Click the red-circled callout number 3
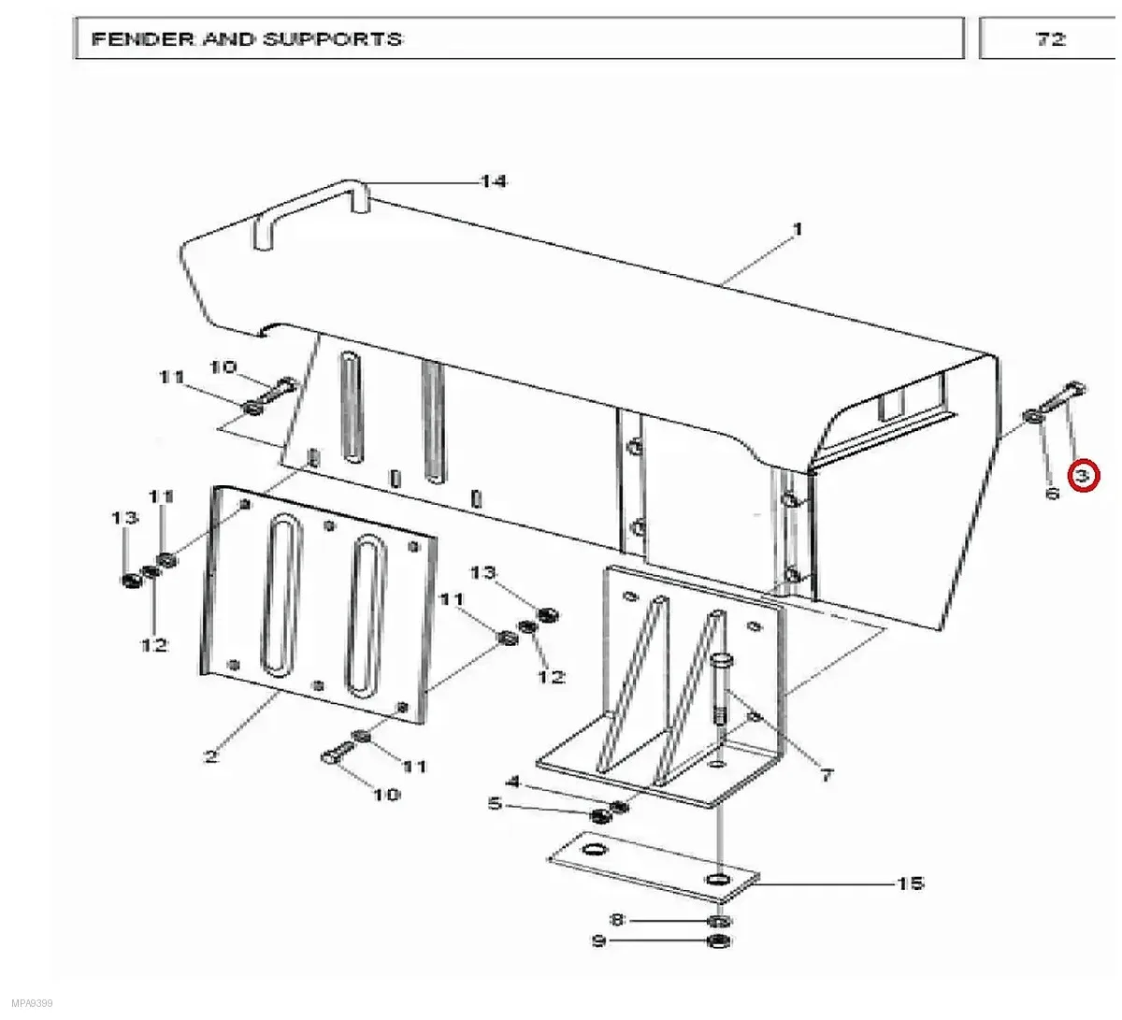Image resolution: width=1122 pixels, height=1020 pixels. (x=1083, y=476)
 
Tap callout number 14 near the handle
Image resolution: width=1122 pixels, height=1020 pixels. (x=494, y=181)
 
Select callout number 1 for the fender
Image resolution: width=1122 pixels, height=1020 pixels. (x=797, y=229)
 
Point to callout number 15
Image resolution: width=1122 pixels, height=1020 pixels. (x=911, y=884)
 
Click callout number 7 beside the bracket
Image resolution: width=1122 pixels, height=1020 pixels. (x=827, y=775)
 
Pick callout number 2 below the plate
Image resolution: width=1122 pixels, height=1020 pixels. (x=210, y=757)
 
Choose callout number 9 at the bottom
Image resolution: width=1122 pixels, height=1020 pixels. (x=598, y=941)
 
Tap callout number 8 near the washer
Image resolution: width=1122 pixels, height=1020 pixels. (x=617, y=920)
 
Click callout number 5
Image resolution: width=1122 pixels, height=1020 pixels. (x=495, y=804)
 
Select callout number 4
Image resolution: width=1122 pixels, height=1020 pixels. (x=513, y=782)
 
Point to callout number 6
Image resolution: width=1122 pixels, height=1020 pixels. (x=1052, y=493)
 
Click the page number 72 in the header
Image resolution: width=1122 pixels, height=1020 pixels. (x=1050, y=39)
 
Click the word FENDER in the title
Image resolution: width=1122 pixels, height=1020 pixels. (x=144, y=39)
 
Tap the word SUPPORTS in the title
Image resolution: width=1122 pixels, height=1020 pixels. (x=332, y=39)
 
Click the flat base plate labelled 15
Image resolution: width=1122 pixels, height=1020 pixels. (x=654, y=867)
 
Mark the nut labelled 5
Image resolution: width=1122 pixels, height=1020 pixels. (x=600, y=816)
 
